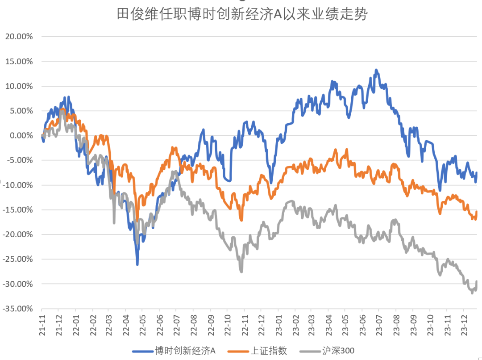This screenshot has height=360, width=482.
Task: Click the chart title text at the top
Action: click(x=241, y=14)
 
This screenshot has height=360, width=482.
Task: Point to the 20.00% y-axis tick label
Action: click(x=19, y=37)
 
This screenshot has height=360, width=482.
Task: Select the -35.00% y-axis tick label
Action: click(x=18, y=309)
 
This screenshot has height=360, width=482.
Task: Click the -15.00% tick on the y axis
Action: click(x=18, y=209)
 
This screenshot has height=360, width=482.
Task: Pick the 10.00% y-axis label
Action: click(x=19, y=86)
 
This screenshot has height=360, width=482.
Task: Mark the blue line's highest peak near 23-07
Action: click(x=376, y=70)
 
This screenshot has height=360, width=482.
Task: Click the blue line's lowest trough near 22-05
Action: click(x=137, y=265)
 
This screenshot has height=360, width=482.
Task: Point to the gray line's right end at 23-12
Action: click(x=477, y=281)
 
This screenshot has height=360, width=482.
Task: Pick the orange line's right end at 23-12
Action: click(x=477, y=211)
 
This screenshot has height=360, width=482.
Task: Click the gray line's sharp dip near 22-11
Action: click(x=241, y=272)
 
